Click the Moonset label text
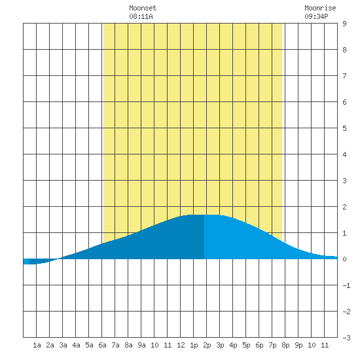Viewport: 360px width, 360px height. [x=143, y=8]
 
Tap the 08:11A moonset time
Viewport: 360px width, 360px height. [x=141, y=16]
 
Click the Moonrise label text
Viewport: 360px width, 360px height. [x=320, y=8]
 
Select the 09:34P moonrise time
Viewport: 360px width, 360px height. [x=316, y=16]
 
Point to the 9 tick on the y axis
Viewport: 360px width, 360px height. [x=344, y=24]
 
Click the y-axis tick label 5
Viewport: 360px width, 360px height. [x=344, y=128]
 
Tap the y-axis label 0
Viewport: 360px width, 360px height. [x=344, y=259]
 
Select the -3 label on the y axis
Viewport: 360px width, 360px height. [x=346, y=338]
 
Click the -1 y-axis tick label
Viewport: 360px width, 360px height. [x=346, y=285]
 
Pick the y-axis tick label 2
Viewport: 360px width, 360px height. [x=344, y=207]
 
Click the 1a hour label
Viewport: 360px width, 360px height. [x=37, y=345]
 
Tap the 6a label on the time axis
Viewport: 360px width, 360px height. [x=102, y=345]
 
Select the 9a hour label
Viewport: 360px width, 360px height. [x=141, y=345]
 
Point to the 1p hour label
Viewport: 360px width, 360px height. [x=194, y=345]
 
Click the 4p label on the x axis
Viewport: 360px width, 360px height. [x=233, y=345]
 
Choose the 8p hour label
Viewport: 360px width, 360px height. [x=285, y=345]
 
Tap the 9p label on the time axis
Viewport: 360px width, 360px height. [x=298, y=345]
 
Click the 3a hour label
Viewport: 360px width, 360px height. [x=63, y=345]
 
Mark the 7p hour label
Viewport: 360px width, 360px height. [x=272, y=345]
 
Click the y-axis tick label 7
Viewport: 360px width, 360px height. [x=344, y=76]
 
